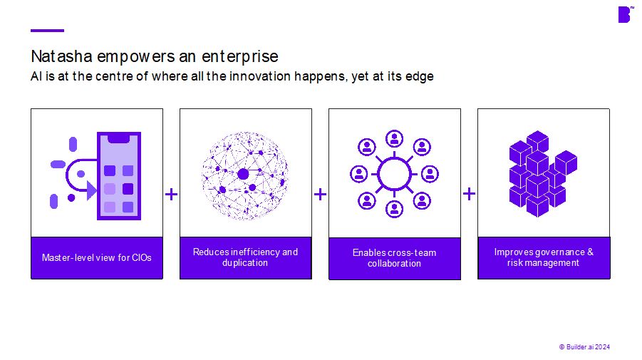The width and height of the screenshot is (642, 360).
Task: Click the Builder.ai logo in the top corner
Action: (x=624, y=14)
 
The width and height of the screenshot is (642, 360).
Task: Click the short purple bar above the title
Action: (x=47, y=30)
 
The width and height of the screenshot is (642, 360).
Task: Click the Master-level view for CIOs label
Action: (x=97, y=257)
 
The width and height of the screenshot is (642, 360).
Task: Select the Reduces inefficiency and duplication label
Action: (x=245, y=257)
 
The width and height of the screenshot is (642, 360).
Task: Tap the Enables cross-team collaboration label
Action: (x=394, y=258)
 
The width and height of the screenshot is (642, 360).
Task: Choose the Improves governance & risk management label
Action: (x=544, y=257)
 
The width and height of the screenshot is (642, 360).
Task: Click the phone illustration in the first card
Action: (x=118, y=175)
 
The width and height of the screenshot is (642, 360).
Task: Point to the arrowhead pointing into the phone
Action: (x=92, y=190)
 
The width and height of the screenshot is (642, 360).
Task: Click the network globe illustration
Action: (x=245, y=174)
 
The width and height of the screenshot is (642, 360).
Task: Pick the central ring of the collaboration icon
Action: (x=394, y=173)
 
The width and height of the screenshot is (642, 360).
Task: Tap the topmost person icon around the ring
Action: (x=394, y=138)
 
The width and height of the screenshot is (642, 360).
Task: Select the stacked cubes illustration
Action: (x=543, y=173)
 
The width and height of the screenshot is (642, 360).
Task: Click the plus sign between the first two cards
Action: (x=171, y=194)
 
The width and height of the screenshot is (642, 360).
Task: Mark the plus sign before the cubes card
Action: (x=469, y=194)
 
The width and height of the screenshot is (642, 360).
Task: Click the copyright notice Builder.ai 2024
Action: (x=584, y=346)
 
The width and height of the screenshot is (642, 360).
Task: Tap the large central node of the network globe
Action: (x=243, y=174)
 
